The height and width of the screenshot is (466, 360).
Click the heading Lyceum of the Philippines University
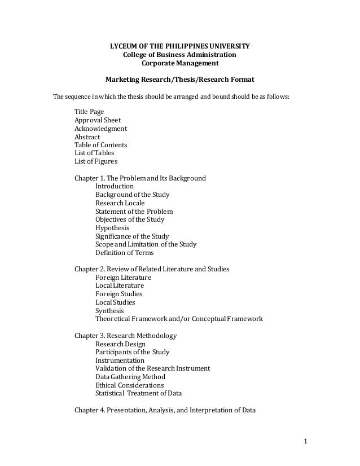(x=179, y=45)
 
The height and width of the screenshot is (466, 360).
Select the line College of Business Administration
(x=179, y=55)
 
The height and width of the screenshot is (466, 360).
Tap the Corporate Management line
(x=179, y=64)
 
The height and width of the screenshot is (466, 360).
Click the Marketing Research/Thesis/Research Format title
(x=179, y=80)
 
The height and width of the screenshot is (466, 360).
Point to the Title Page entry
(x=89, y=112)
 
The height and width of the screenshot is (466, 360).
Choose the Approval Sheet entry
(x=98, y=120)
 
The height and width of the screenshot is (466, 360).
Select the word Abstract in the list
(x=87, y=137)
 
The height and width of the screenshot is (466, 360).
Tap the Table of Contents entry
(x=101, y=145)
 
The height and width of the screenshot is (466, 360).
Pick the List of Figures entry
(x=96, y=161)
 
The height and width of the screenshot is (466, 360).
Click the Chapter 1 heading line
(x=141, y=178)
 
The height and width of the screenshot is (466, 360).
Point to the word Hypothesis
(x=112, y=228)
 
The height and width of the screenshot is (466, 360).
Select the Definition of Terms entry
(x=125, y=253)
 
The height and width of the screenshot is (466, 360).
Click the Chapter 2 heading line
(x=152, y=269)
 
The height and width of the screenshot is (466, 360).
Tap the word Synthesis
(x=110, y=310)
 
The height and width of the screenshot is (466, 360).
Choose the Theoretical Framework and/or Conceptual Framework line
(x=179, y=319)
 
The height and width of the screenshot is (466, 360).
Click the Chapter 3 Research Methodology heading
(x=126, y=336)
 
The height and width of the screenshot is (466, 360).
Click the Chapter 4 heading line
(x=165, y=410)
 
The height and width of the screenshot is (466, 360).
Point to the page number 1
(x=305, y=441)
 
